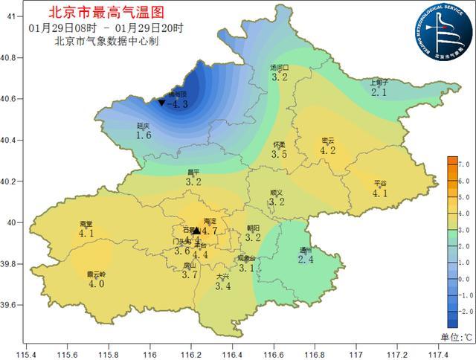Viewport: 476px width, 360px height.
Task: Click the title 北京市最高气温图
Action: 103,12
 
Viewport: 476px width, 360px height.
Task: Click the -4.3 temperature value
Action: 178,105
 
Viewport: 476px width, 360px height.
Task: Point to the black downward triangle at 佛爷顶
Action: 161,103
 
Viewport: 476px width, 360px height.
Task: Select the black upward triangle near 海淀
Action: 196,231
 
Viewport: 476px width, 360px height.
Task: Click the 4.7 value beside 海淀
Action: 209,231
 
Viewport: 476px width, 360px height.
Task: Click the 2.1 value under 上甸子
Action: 379,93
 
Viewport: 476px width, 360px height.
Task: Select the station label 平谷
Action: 380,183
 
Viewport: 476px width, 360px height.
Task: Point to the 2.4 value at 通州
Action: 305,260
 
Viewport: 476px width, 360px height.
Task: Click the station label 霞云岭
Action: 97,274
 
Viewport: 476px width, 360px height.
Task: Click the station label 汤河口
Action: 280,67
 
